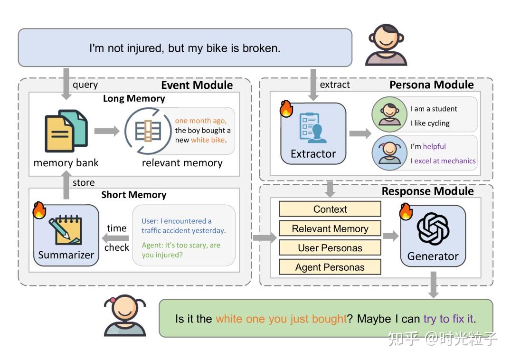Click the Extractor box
(x=313, y=133)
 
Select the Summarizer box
(x=66, y=235)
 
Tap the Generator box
(x=433, y=236)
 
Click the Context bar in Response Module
(x=330, y=209)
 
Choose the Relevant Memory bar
(x=330, y=228)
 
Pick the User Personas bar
(x=330, y=248)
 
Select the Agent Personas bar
(x=330, y=267)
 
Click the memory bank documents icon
(x=66, y=131)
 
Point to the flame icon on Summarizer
(x=39, y=210)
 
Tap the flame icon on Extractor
(x=286, y=108)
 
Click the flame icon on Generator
(x=406, y=211)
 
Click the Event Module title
(x=197, y=85)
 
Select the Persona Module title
(x=432, y=85)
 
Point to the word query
(x=85, y=85)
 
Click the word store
(x=84, y=182)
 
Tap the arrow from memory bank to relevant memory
(x=107, y=131)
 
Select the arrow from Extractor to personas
(x=360, y=133)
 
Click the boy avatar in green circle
(x=389, y=114)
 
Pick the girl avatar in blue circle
(x=389, y=153)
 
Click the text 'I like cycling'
(x=430, y=123)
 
